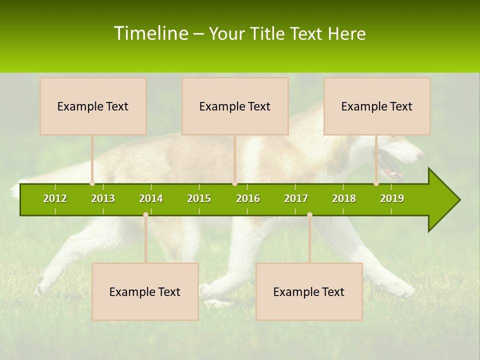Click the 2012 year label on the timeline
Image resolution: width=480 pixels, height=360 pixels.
(x=55, y=198)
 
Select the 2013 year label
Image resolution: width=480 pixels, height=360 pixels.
(x=103, y=198)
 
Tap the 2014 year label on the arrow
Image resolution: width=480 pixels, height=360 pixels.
(x=151, y=198)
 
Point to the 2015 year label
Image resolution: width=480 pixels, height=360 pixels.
(x=199, y=198)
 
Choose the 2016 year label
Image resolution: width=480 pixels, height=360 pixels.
(x=248, y=198)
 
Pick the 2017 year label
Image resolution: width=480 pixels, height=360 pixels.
(x=296, y=198)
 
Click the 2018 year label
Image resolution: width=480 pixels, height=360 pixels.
(x=344, y=198)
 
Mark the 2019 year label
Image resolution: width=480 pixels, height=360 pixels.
(x=392, y=198)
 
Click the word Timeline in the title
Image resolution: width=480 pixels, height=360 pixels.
(x=151, y=33)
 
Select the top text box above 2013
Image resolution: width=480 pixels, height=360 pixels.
(x=93, y=106)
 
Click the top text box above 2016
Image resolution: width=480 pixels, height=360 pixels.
(x=235, y=106)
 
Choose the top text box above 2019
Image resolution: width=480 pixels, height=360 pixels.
(x=377, y=106)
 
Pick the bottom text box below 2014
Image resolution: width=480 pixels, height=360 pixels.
(x=145, y=291)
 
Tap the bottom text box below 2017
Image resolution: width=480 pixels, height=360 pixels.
(x=309, y=291)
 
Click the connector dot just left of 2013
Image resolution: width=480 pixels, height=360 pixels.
(x=92, y=183)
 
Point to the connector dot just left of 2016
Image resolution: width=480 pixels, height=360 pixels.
(x=235, y=183)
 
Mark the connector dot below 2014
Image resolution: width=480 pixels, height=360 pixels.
(x=145, y=214)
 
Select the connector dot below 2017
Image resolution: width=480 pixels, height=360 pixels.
(x=309, y=214)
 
